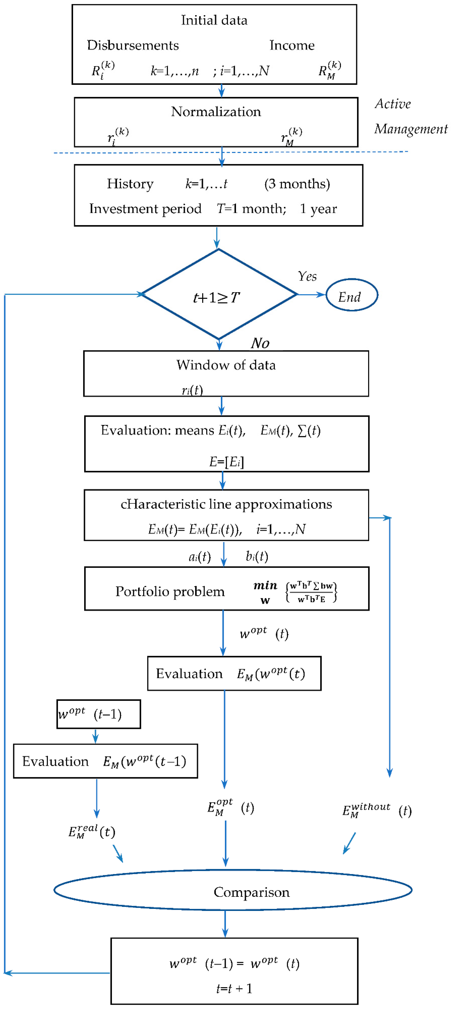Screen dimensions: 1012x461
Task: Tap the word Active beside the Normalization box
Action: pos(393,104)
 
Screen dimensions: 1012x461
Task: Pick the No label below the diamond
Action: pos(260,343)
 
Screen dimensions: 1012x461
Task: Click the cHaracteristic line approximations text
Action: pos(226,504)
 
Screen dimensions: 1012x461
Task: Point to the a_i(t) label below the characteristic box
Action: pos(199,557)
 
